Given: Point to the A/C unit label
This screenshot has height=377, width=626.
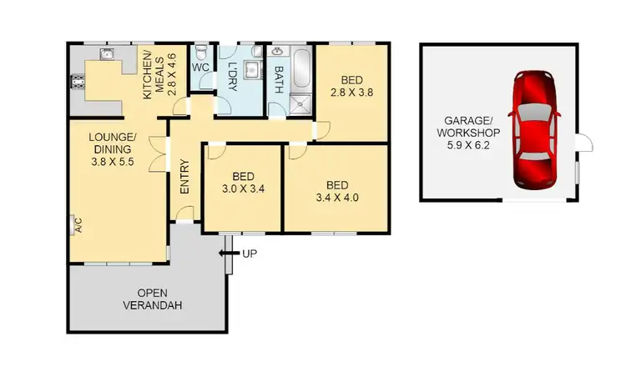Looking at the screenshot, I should (78, 224).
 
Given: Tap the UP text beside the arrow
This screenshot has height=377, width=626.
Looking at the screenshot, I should (249, 254).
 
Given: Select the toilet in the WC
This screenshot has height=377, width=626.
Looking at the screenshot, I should (201, 50).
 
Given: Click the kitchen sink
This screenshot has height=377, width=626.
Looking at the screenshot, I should (106, 55).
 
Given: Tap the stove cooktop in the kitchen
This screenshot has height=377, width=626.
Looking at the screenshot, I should (79, 82).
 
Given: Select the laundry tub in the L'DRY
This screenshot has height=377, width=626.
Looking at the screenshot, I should (252, 70).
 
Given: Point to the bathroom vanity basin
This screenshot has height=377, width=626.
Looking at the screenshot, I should (277, 52).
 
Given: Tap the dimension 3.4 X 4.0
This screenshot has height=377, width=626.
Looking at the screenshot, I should (336, 198).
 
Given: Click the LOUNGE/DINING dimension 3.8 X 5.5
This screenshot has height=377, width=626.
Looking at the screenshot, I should (112, 163).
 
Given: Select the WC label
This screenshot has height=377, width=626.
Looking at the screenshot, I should (200, 67).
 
